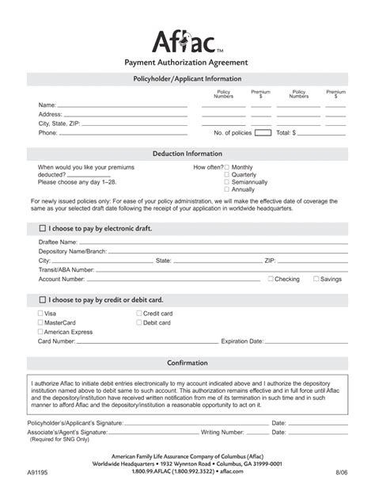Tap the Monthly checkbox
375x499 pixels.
pyautogui.click(x=227, y=168)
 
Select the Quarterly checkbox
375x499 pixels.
pyautogui.click(x=227, y=175)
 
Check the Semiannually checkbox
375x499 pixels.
pyautogui.click(x=227, y=182)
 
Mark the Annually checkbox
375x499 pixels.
pyautogui.click(x=227, y=190)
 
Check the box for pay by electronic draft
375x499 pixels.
pyautogui.click(x=43, y=228)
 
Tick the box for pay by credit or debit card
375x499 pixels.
pyautogui.click(x=43, y=300)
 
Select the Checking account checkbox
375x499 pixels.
pyautogui.click(x=271, y=279)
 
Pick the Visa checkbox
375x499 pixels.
pyautogui.click(x=41, y=314)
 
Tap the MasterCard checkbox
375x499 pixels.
pyautogui.click(x=41, y=323)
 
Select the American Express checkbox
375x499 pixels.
pyautogui.click(x=41, y=332)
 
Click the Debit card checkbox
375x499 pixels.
pyautogui.click(x=139, y=323)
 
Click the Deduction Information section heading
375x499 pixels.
pyautogui.click(x=187, y=154)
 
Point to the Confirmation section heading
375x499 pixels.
pyautogui.click(x=187, y=363)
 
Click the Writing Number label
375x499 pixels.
pyautogui.click(x=224, y=432)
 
